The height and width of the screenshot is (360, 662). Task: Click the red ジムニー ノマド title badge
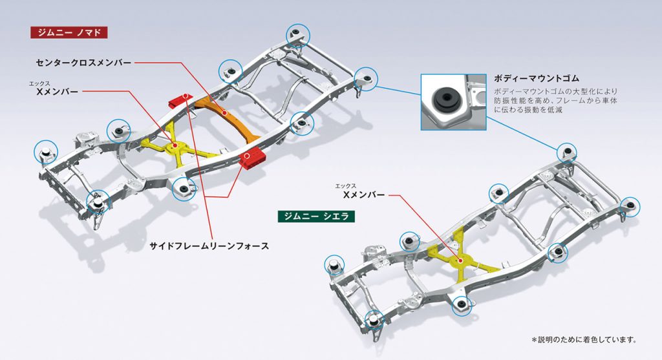[x=69, y=32]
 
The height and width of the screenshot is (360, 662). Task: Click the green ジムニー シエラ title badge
[x=316, y=216]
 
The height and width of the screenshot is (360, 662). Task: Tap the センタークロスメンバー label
[x=83, y=63]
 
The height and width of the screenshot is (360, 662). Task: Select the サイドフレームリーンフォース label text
[x=209, y=246]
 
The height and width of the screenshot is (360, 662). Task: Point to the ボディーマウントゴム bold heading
[x=536, y=78]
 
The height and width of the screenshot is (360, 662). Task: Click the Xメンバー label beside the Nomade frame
[x=58, y=91]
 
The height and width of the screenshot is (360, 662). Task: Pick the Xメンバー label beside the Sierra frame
[x=364, y=195]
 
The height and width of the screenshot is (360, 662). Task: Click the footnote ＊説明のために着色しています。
[x=584, y=339]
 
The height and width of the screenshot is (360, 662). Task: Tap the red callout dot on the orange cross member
[x=224, y=112]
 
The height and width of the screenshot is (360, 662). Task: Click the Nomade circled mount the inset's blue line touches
[x=366, y=79]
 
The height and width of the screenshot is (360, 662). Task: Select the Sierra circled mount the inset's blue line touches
[x=566, y=153]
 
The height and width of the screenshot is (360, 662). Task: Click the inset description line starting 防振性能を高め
[x=555, y=100]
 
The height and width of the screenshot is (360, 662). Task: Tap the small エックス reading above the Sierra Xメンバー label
[x=346, y=186]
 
